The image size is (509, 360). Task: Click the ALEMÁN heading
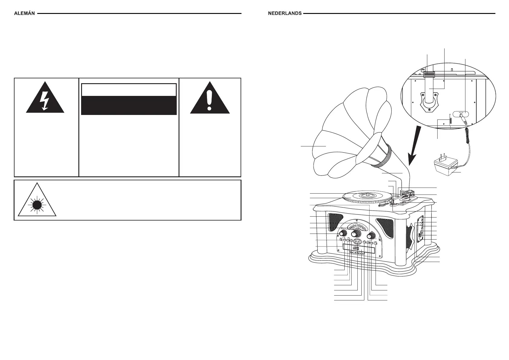coord(24,13)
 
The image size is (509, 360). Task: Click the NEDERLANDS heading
coord(284,13)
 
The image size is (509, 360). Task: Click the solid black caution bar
coord(129,105)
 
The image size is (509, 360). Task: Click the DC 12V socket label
coord(461,113)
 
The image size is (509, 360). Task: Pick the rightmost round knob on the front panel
coord(371,235)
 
